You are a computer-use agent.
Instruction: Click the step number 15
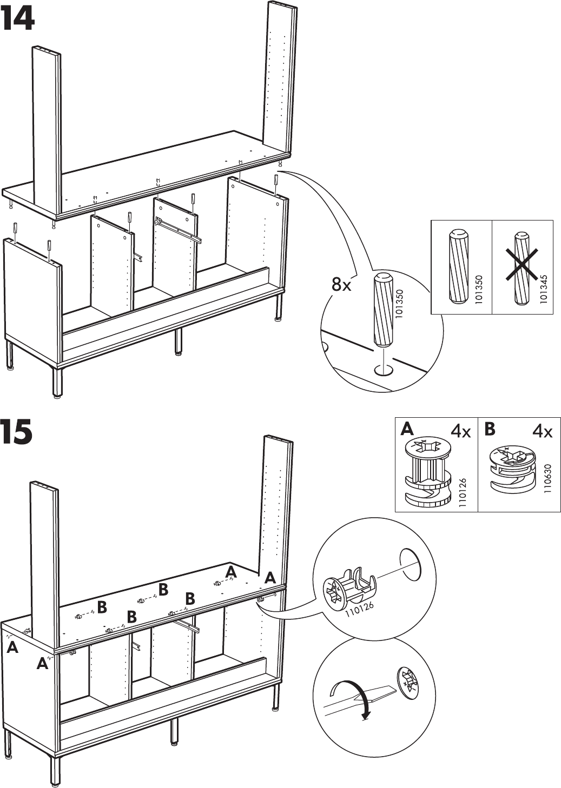click(x=17, y=433)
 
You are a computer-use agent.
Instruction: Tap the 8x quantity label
click(x=341, y=284)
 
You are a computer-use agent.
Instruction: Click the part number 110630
click(x=547, y=477)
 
